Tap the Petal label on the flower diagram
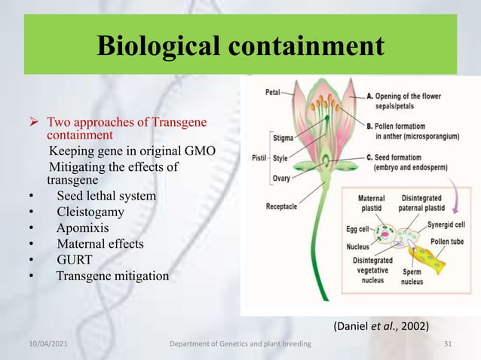[272, 93]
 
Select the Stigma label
[284, 138]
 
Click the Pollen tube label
[446, 242]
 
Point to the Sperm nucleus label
[412, 277]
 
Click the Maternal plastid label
[371, 203]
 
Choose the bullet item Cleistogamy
[90, 212]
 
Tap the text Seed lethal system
[106, 196]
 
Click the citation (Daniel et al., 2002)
[381, 325]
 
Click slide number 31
[449, 344]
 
